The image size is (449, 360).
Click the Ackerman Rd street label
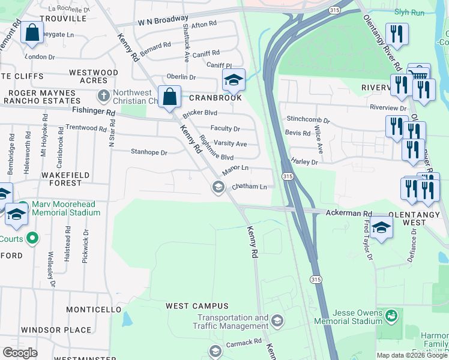pyautogui.click(x=349, y=213)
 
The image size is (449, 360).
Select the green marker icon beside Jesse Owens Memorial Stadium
pyautogui.click(x=391, y=314)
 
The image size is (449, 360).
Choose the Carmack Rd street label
pyautogui.click(x=244, y=341)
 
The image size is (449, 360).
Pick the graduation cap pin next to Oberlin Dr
pyautogui.click(x=234, y=79)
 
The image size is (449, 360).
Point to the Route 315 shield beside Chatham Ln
pyautogui.click(x=288, y=176)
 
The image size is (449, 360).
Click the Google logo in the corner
pyautogui.click(x=20, y=352)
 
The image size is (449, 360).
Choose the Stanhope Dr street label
pyautogui.click(x=149, y=152)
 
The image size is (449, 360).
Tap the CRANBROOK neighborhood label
pyautogui.click(x=215, y=98)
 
